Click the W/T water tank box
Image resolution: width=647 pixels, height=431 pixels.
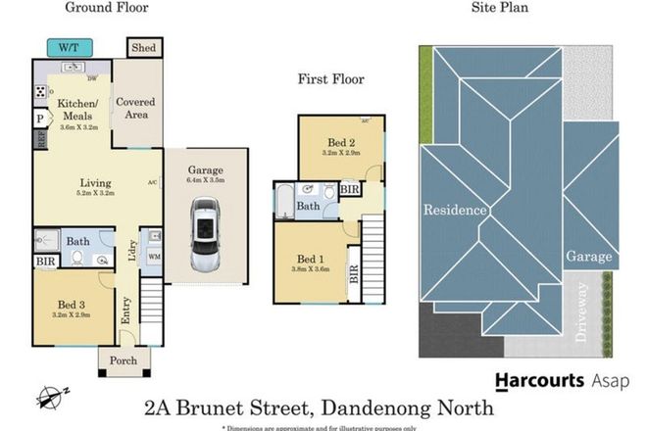(x=69, y=45)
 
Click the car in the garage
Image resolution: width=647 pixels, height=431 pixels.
(x=205, y=235)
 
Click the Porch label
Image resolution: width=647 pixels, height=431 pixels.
(x=124, y=361)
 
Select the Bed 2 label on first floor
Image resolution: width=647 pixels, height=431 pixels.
(x=342, y=141)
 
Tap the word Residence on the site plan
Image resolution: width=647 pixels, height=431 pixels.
(x=454, y=210)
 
